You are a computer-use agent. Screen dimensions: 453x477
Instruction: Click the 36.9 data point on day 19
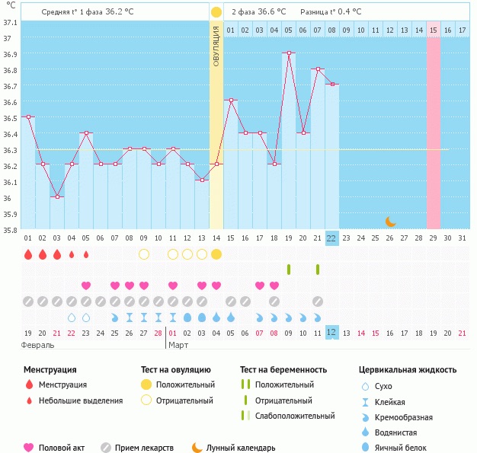[x=289, y=53]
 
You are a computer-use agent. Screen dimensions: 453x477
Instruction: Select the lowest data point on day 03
[x=57, y=197]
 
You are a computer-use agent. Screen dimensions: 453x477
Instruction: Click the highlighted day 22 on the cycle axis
[x=331, y=238]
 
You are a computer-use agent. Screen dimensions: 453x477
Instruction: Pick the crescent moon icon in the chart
[x=390, y=222]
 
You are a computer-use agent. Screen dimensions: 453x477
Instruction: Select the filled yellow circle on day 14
[x=216, y=254]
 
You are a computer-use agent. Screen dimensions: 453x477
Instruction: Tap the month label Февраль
[x=38, y=345]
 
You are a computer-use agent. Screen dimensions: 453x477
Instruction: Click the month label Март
[x=178, y=345]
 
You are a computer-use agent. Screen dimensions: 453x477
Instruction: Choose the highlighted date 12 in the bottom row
[x=331, y=333]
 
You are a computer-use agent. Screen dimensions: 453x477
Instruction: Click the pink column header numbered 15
[x=434, y=29]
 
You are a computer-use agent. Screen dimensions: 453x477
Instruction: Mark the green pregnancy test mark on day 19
[x=289, y=269]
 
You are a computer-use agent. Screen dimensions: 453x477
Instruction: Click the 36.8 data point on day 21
[x=318, y=69]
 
